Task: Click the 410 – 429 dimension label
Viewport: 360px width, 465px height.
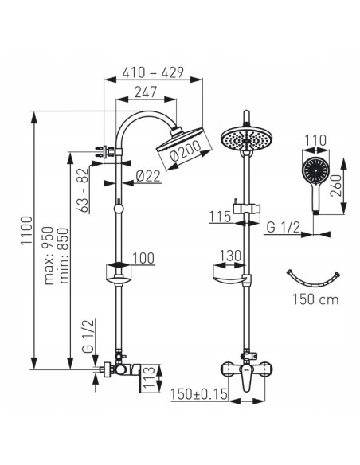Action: click(153, 72)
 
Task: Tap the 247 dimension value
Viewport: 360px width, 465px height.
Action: click(145, 92)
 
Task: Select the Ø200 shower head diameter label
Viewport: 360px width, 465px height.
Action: click(186, 151)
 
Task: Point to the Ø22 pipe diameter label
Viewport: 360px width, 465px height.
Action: click(148, 176)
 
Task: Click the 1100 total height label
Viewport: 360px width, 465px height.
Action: click(26, 230)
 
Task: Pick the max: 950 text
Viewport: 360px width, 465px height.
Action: click(49, 256)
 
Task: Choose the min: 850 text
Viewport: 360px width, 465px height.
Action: click(64, 256)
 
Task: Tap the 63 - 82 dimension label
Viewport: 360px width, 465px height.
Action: click(84, 190)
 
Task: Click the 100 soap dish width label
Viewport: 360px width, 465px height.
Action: click(143, 258)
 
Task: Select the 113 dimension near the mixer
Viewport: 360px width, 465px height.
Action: click(149, 377)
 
